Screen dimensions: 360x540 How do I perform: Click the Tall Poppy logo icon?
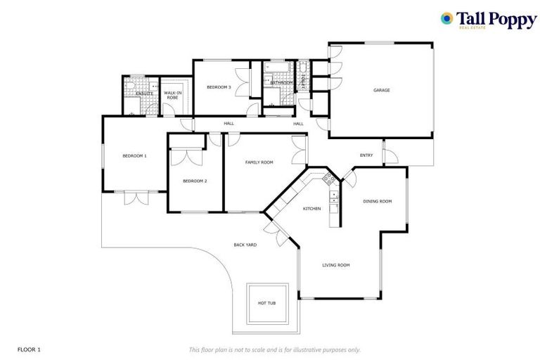[446, 18]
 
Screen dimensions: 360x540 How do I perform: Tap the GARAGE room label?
[382, 90]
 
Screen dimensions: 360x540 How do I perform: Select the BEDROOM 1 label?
[134, 155]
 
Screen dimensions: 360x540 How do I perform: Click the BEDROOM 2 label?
[195, 181]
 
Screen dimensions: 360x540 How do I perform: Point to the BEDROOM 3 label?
[218, 86]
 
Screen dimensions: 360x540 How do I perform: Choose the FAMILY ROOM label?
[259, 162]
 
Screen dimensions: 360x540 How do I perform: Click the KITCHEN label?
[311, 209]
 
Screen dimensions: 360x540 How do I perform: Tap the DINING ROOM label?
[377, 201]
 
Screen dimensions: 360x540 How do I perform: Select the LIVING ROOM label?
[336, 265]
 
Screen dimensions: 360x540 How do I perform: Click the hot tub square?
[267, 303]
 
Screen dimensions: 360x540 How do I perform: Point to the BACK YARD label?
[245, 245]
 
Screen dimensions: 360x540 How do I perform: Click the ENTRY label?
[366, 155]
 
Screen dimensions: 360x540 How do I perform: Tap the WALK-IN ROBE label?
[172, 95]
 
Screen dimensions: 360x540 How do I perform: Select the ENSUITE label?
[145, 93]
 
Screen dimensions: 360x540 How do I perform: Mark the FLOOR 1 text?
[29, 349]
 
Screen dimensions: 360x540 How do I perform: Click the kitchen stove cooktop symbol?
[328, 179]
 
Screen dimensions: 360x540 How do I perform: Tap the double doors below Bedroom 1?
[136, 198]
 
